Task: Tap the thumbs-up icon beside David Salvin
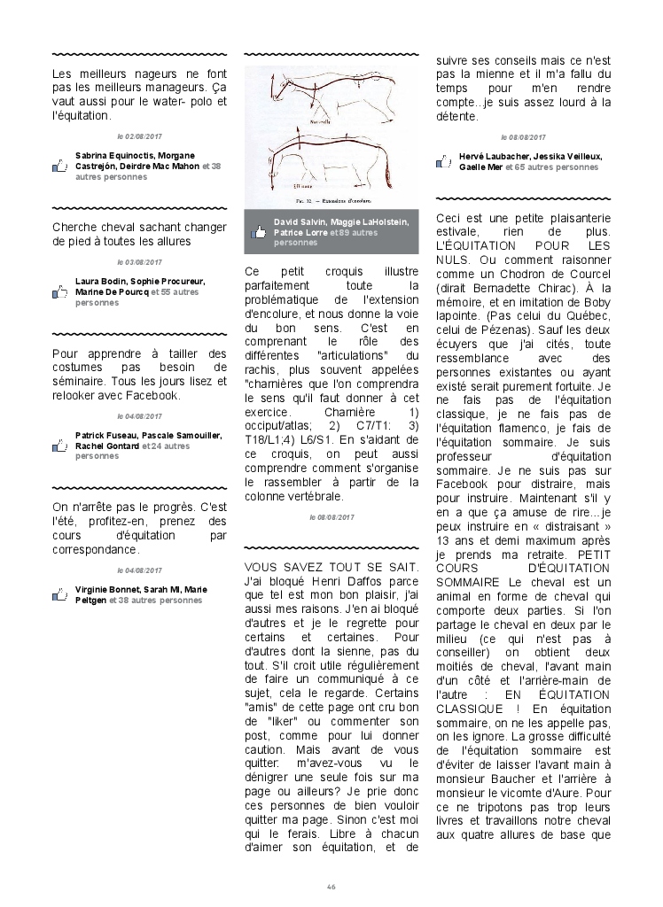[259, 232]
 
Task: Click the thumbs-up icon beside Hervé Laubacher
[444, 161]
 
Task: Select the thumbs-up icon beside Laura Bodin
[60, 291]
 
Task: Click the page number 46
[331, 887]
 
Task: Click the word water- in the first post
[171, 102]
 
